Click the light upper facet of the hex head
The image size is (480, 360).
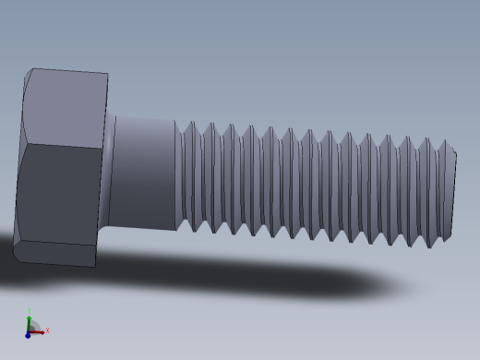coord(65,109)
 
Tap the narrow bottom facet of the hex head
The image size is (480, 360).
coord(55,254)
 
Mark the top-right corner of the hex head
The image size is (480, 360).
coord(107,75)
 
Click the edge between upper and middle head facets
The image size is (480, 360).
coord(61,147)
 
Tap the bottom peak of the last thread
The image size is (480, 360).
coord(429,247)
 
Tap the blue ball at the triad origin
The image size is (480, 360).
coord(28,335)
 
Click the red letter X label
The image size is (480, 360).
coord(47,330)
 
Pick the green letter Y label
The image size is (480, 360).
coord(29,310)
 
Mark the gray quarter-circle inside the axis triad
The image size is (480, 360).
coord(32,328)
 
